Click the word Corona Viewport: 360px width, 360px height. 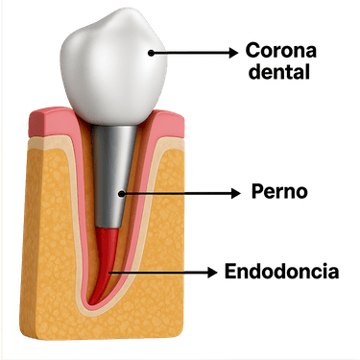pyautogui.click(x=282, y=48)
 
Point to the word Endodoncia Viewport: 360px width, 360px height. pyautogui.click(x=281, y=272)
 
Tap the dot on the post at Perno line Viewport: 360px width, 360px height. pyautogui.click(x=122, y=193)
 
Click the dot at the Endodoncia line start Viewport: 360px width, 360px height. pyautogui.click(x=111, y=273)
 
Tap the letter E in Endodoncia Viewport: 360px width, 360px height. pyautogui.click(x=231, y=272)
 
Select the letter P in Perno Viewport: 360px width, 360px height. pyautogui.click(x=254, y=192)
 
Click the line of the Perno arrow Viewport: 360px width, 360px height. pyautogui.click(x=178, y=193)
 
